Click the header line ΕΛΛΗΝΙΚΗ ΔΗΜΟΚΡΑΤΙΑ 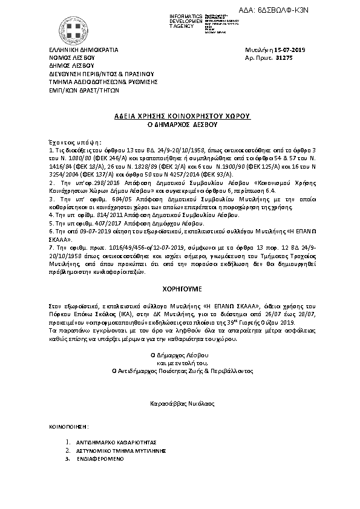[83, 50]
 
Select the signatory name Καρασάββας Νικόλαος [180, 402]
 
